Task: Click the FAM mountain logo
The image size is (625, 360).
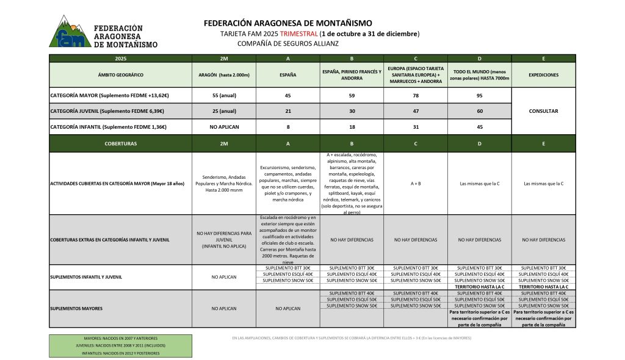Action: pyautogui.click(x=70, y=32)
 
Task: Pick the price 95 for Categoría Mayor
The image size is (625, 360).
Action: pyautogui.click(x=479, y=95)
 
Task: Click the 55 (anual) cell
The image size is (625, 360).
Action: pyautogui.click(x=223, y=95)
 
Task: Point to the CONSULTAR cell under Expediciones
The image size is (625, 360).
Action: pyautogui.click(x=543, y=111)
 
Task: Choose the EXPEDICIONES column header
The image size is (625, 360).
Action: pyautogui.click(x=543, y=74)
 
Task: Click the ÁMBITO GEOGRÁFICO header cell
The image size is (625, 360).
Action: pyautogui.click(x=120, y=74)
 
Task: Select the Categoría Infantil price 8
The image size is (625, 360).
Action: pyautogui.click(x=287, y=127)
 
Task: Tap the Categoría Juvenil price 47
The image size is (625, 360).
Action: pyautogui.click(x=415, y=111)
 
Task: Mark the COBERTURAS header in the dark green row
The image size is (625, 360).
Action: pyautogui.click(x=120, y=144)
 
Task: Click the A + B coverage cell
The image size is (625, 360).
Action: pyautogui.click(x=415, y=182)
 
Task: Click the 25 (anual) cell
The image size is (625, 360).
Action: pyautogui.click(x=223, y=111)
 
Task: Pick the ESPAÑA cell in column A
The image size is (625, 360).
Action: pyautogui.click(x=287, y=74)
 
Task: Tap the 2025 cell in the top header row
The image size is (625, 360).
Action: pyautogui.click(x=120, y=59)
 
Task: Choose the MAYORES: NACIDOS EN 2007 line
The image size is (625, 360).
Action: pyautogui.click(x=120, y=337)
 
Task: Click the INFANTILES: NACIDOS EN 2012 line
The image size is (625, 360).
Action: pyautogui.click(x=120, y=353)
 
